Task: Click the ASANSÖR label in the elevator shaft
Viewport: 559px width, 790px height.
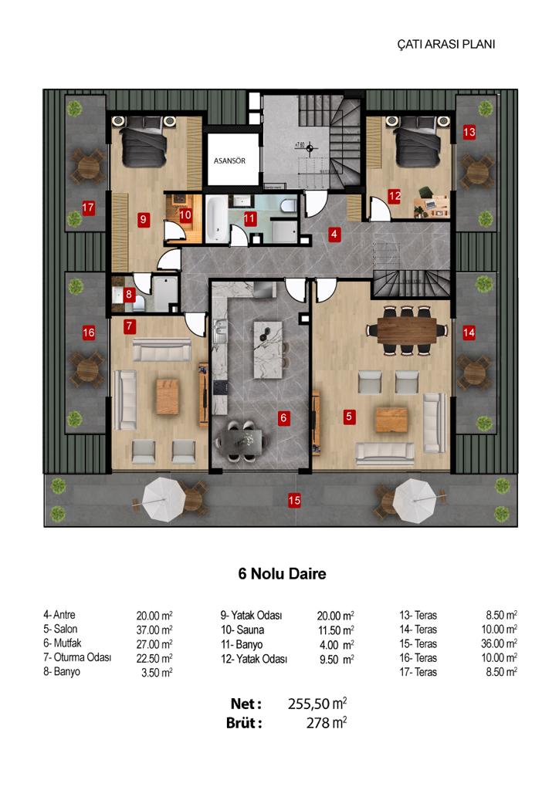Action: coord(229,160)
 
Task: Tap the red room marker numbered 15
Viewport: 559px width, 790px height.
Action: coord(294,500)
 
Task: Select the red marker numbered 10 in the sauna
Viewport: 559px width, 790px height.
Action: coord(185,215)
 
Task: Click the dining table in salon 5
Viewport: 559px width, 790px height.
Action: coord(407,330)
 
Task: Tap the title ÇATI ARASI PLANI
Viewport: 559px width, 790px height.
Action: coord(446,44)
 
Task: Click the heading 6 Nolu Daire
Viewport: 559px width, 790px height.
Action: coord(283,573)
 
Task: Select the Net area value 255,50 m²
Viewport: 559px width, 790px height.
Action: coord(317,704)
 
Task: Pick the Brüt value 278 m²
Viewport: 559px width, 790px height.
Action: coord(326,723)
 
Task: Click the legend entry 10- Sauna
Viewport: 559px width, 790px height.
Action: coord(242,630)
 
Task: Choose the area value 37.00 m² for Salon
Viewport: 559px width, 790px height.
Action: coord(154,630)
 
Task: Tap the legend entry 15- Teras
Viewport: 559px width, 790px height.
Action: coord(418,643)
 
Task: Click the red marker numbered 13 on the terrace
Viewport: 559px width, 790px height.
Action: coord(469,132)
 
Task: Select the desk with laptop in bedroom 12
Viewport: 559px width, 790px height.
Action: coord(432,205)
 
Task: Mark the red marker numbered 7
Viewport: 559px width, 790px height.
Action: coord(130,326)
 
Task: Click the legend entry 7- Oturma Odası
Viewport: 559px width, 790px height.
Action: coord(77,657)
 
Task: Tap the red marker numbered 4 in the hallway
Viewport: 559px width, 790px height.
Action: coord(334,234)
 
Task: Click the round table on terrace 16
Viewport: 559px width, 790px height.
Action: coord(88,370)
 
